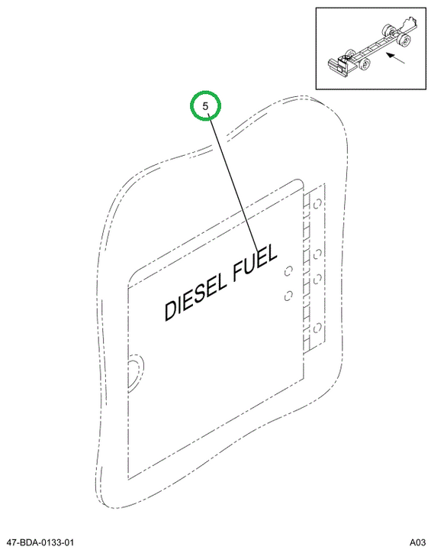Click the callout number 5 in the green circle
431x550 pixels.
click(205, 105)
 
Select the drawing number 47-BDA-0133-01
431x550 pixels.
click(40, 542)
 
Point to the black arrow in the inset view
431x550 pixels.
click(395, 58)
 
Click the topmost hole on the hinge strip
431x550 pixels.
click(317, 204)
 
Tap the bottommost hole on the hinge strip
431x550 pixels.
click(317, 328)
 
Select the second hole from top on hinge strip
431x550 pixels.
click(318, 254)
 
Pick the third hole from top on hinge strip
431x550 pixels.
click(317, 280)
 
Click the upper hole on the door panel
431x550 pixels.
click(288, 271)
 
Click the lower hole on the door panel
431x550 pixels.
click(288, 296)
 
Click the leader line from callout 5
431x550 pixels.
click(233, 184)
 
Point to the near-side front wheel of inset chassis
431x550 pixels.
click(365, 64)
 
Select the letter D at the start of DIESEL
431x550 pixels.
click(170, 310)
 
